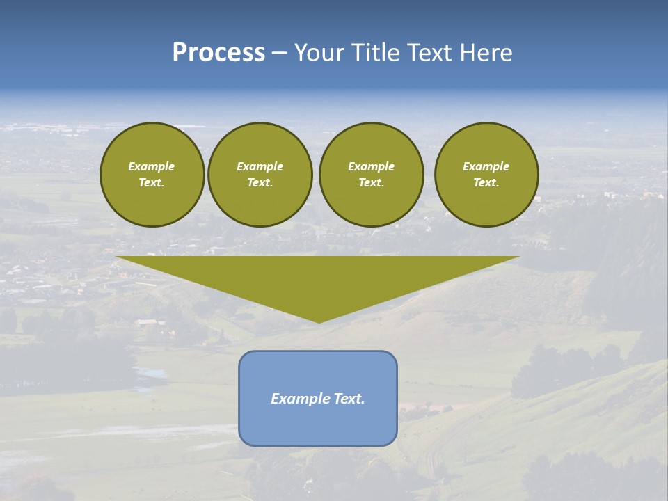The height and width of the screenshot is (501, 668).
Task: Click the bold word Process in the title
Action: (218, 53)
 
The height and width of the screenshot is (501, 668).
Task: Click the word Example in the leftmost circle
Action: (152, 166)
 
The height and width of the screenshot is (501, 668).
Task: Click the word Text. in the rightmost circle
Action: (486, 182)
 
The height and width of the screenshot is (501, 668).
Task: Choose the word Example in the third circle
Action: (372, 166)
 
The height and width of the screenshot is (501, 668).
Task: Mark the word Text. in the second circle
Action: (260, 182)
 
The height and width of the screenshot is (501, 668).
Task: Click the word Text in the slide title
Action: (427, 53)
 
